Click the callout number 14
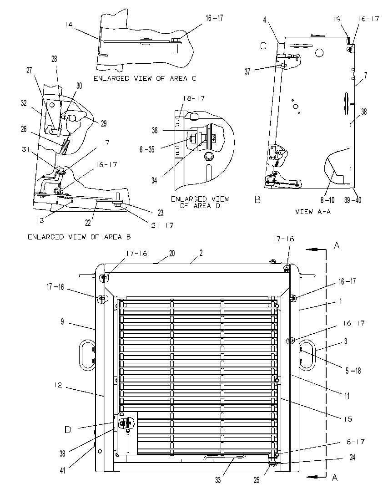[69, 24]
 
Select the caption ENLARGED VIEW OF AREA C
[145, 78]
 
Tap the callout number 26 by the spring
[24, 129]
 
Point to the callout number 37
[247, 72]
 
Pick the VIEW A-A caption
[313, 212]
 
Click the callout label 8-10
[328, 200]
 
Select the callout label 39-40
[353, 200]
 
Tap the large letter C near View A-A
[263, 46]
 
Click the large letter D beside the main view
[68, 429]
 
